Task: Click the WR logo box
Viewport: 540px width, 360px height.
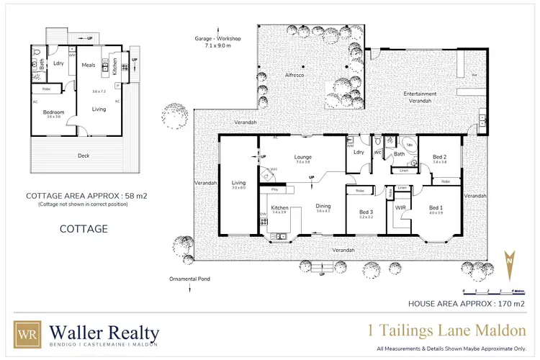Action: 28,335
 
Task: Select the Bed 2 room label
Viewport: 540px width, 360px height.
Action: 440,157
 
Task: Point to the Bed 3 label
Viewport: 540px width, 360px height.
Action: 366,212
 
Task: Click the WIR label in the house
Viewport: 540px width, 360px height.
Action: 401,207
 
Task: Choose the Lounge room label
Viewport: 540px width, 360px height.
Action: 302,156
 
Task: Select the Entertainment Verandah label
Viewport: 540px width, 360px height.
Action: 421,98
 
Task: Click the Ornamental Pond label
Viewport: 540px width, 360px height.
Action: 189,279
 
